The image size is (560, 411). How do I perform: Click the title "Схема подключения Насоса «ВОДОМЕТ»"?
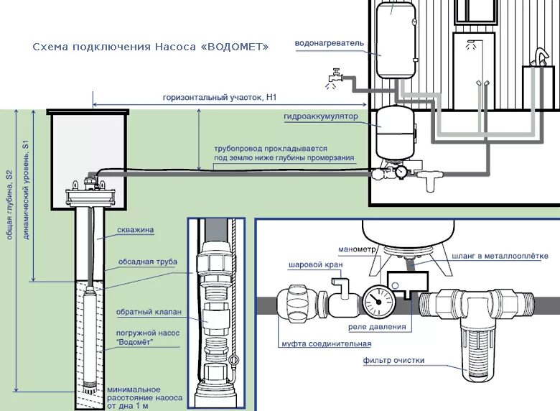[151, 47]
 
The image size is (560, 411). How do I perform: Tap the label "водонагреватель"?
[330, 43]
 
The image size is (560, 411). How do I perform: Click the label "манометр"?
[356, 250]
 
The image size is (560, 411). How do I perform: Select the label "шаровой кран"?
[314, 264]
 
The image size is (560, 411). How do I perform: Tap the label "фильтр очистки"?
[393, 360]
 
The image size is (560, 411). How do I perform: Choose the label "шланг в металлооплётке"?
[500, 255]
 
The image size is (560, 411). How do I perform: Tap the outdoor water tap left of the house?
[335, 75]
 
